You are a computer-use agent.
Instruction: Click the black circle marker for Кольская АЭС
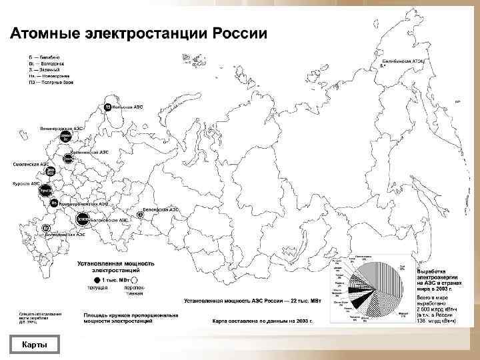(107, 107)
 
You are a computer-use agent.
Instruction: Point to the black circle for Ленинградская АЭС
(66, 136)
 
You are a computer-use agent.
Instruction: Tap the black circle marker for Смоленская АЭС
(49, 171)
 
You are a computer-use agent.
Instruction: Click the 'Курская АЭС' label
(26, 183)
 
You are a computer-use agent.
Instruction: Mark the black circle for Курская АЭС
(45, 191)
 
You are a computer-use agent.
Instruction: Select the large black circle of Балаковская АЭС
(83, 218)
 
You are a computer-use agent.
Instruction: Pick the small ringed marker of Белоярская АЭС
(139, 214)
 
